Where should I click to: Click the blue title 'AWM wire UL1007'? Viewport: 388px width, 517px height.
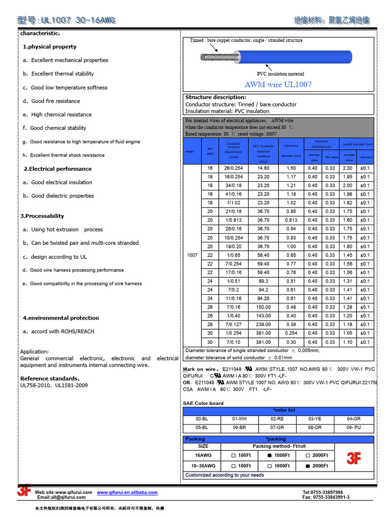click(278, 84)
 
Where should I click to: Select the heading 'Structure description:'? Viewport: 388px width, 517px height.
click(216, 97)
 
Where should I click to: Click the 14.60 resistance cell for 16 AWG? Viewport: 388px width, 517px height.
click(263, 168)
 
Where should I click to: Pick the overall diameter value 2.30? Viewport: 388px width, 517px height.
click(348, 168)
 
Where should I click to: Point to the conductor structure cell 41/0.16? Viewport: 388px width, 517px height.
click(233, 194)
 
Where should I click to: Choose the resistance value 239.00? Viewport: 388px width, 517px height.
click(263, 324)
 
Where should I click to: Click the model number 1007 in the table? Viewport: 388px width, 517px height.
click(192, 255)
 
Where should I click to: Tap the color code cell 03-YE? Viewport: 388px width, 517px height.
click(315, 419)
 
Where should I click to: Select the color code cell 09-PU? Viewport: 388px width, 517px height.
click(354, 428)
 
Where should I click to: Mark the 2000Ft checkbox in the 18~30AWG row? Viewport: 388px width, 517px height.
click(307, 466)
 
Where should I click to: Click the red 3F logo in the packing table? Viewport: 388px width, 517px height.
click(354, 458)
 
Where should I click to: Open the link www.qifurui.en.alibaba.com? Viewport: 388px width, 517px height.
click(127, 492)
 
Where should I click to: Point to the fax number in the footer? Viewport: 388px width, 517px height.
click(326, 497)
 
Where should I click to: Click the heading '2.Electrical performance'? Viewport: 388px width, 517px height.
click(58, 169)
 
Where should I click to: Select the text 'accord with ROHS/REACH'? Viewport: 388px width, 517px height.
click(63, 331)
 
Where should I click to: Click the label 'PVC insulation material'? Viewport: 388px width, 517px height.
click(280, 74)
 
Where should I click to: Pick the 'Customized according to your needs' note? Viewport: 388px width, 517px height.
click(225, 475)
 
